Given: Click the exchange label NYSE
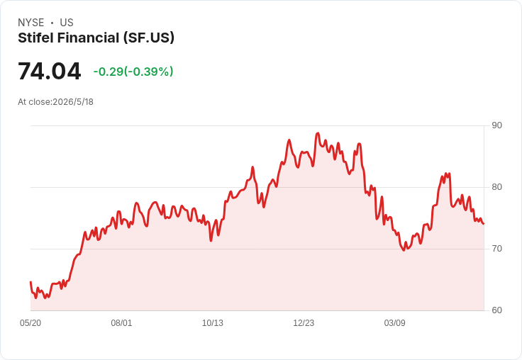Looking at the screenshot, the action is [31, 23].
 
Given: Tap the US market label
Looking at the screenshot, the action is [67, 23].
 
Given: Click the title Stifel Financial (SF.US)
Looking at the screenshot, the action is [96, 38].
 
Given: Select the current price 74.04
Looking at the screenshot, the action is [49, 71].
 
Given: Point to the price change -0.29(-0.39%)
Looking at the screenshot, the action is [133, 72].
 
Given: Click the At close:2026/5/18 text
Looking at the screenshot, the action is [55, 102].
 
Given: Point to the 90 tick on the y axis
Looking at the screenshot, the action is [496, 125].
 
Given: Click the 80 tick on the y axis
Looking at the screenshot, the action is [496, 187].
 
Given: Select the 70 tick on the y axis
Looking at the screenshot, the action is [496, 249].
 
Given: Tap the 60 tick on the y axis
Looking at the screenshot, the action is [496, 310].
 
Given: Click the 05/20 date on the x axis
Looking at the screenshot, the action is [30, 322].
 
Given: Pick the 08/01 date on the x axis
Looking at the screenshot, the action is [121, 322].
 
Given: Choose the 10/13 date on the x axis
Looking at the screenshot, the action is [213, 322].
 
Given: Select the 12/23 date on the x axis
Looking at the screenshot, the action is [304, 322].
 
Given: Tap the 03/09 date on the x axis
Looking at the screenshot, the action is [395, 322].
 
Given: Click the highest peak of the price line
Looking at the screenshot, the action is [318, 133].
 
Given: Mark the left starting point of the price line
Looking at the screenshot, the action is [30, 282].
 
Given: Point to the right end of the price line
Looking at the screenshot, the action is [484, 224].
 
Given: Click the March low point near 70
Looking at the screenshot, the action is [404, 250].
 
